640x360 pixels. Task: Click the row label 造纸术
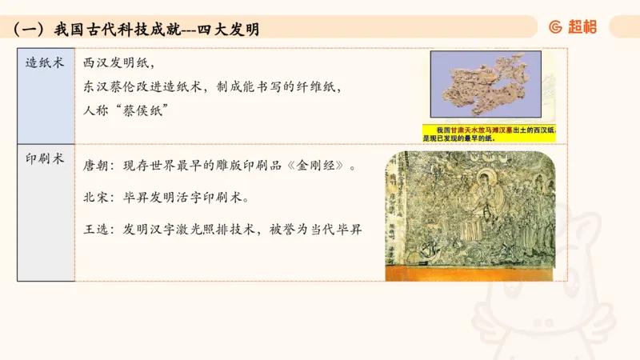[45, 62]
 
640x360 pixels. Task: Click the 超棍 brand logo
[573, 27]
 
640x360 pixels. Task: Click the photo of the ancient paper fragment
[486, 84]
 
